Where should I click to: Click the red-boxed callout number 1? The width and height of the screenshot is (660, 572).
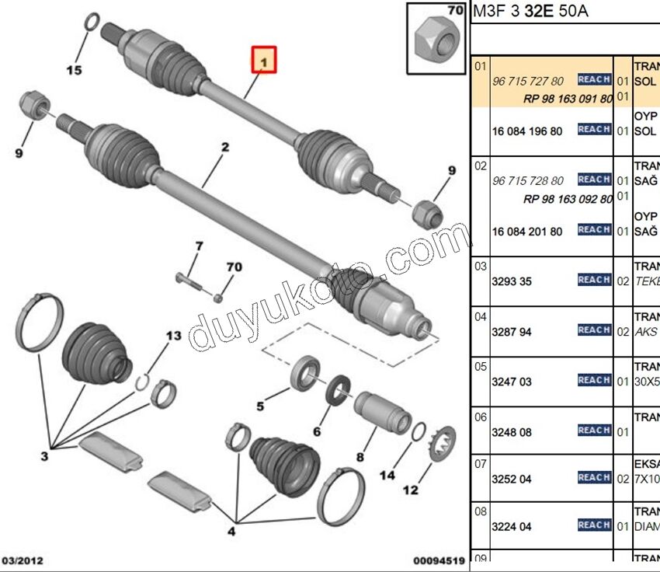pos(263,60)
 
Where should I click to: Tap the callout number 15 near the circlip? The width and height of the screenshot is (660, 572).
pos(73,71)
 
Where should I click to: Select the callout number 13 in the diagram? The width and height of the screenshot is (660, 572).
pos(172,336)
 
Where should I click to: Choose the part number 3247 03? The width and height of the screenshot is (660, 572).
pos(512,382)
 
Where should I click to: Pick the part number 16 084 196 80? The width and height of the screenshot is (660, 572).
pos(527,131)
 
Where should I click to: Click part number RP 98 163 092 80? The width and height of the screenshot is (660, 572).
pos(568,199)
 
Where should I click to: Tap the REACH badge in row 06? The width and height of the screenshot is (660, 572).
pos(594,431)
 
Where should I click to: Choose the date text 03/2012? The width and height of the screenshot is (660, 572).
pos(23,560)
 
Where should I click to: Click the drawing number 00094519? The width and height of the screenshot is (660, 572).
pos(438,560)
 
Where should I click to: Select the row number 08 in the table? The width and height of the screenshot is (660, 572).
pos(481,511)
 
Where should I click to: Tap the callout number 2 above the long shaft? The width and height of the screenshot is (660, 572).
pos(224,147)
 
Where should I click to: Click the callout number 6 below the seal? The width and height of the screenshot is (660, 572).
pos(317,431)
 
